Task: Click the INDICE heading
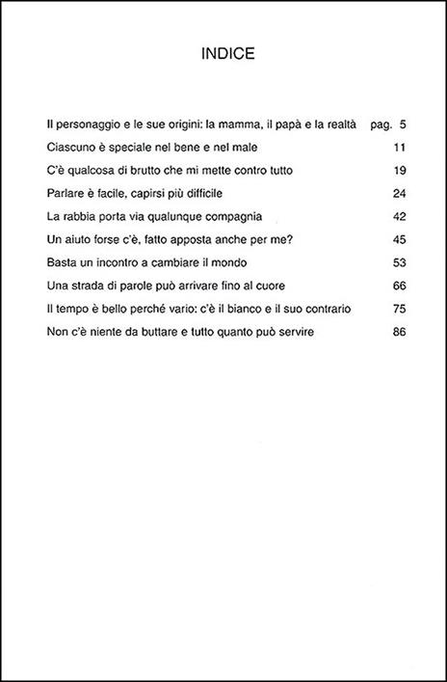(x=223, y=54)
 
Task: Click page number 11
(x=399, y=148)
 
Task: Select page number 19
(x=399, y=171)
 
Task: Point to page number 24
(x=399, y=194)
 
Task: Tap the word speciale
(x=137, y=148)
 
